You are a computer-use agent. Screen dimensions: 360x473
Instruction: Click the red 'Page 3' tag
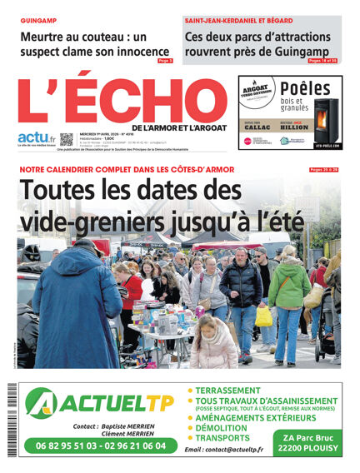pyautogui.click(x=165, y=61)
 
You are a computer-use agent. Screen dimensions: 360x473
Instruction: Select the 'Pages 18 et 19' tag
pyautogui.click(x=323, y=61)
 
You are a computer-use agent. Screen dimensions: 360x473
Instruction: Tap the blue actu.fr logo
pyautogui.click(x=37, y=138)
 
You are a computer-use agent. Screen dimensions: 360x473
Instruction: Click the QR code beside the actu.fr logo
pyautogui.click(x=67, y=139)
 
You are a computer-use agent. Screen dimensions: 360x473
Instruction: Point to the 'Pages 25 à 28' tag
pyautogui.click(x=323, y=170)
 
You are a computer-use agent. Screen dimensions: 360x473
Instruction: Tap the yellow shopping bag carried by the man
pyautogui.click(x=263, y=316)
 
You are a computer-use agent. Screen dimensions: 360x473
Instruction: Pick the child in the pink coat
pyautogui.click(x=215, y=345)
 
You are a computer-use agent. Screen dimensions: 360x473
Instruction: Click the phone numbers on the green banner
pyautogui.click(x=101, y=446)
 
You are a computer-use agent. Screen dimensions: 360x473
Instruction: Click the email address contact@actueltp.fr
pyautogui.click(x=223, y=450)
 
